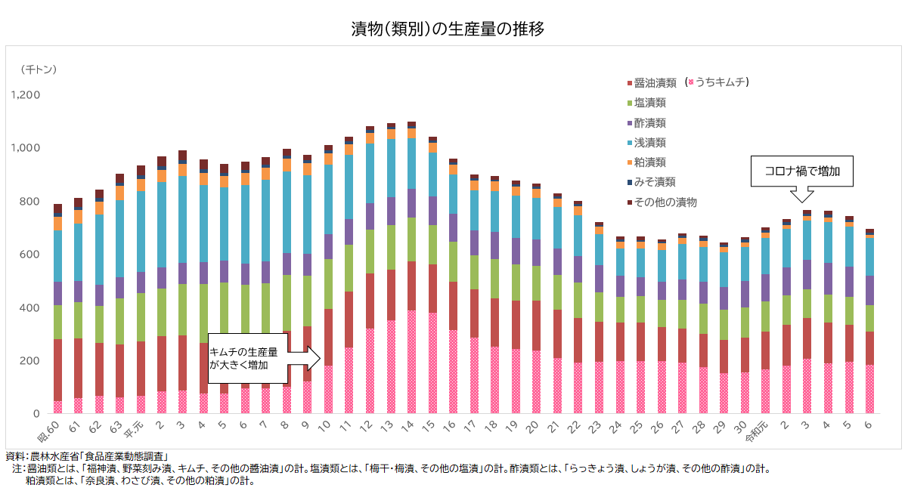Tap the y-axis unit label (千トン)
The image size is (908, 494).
pyautogui.click(x=39, y=69)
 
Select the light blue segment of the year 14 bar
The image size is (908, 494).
pyautogui.click(x=411, y=163)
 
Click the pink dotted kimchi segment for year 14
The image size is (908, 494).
pyautogui.click(x=411, y=363)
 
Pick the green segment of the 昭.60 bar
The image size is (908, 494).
pyautogui.click(x=57, y=323)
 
